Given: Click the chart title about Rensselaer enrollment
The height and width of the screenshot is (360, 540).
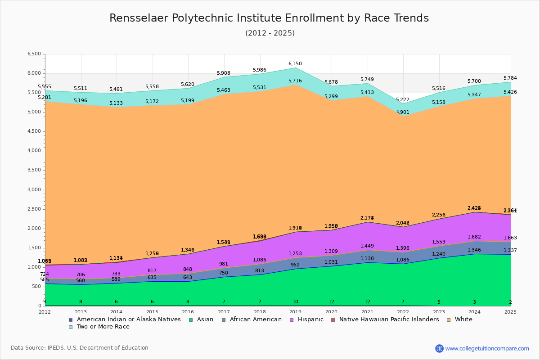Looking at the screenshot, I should tap(269, 18).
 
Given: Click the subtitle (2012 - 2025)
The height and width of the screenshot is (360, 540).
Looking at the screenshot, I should tap(270, 33).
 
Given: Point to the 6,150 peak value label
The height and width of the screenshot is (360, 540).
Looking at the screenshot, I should tap(295, 64).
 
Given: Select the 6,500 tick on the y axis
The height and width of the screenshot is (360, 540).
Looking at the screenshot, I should tap(34, 54).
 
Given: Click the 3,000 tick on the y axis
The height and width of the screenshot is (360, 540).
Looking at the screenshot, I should tap(34, 190).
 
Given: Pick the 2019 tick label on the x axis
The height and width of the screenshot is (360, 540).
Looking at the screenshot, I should tap(295, 312).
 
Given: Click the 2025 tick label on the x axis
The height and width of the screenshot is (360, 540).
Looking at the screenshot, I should tap(510, 312).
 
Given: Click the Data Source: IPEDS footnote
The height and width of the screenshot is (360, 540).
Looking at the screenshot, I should tap(80, 348).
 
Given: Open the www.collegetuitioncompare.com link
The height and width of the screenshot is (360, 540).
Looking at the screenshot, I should tap(487, 348).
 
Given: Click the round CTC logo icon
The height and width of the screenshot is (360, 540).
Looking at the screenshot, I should tap(439, 348).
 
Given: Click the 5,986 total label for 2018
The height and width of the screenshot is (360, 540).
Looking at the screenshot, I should tap(260, 70).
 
